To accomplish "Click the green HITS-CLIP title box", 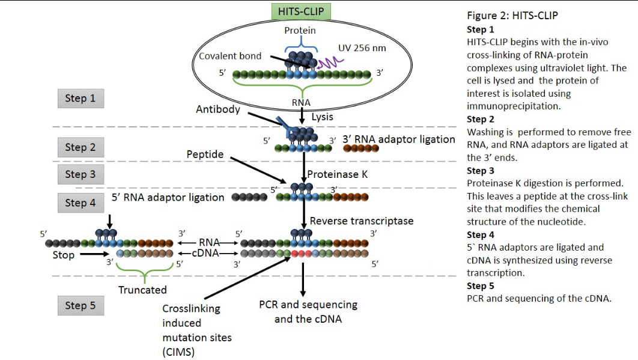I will pos(301,11).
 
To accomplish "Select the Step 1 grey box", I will pos(81,99).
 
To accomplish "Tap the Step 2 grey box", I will pos(81,147).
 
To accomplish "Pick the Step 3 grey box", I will pos(81,174).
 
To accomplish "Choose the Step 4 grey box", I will pos(81,203).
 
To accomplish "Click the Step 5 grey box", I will pos(81,305).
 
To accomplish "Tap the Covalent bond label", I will pos(231,56).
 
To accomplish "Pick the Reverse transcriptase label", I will pos(361,221).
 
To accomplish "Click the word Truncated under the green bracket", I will pos(142,290).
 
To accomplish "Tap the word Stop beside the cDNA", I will pos(63,255).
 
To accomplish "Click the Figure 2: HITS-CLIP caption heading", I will pos(512,16).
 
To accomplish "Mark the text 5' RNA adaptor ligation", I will pos(168,197).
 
